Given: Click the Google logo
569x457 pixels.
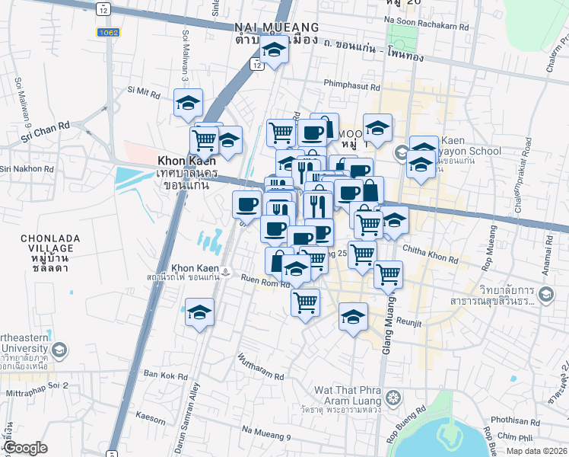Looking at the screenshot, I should point(25,448).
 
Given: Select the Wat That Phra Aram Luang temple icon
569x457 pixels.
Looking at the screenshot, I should point(393,397).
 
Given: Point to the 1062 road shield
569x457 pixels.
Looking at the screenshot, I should point(106,33).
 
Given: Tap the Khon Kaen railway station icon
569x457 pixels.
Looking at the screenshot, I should point(227,270).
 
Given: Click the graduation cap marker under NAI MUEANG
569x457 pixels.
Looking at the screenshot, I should point(273,52).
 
